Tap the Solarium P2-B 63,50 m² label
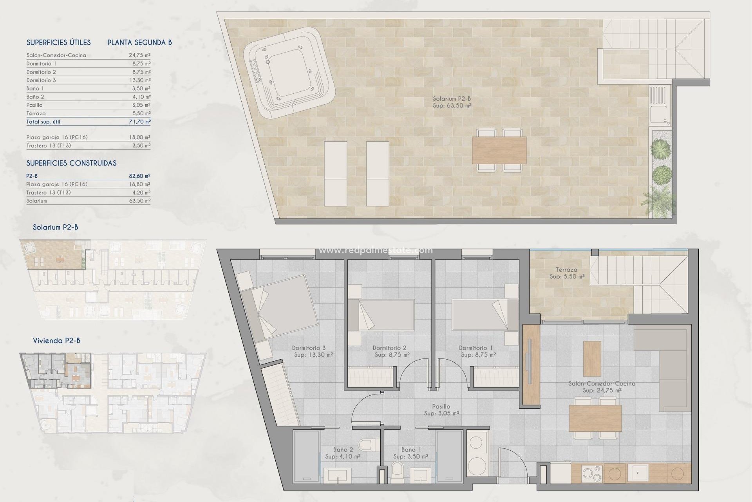click(452, 102)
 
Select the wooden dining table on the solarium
click(499, 150)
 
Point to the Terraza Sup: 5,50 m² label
click(566, 273)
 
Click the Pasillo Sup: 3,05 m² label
click(441, 410)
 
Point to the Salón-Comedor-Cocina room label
click(602, 387)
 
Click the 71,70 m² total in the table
click(140, 122)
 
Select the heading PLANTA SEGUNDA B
click(139, 42)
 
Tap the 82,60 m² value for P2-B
click(140, 176)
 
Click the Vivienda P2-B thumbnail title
click(56, 340)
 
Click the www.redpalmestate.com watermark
click(376, 250)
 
